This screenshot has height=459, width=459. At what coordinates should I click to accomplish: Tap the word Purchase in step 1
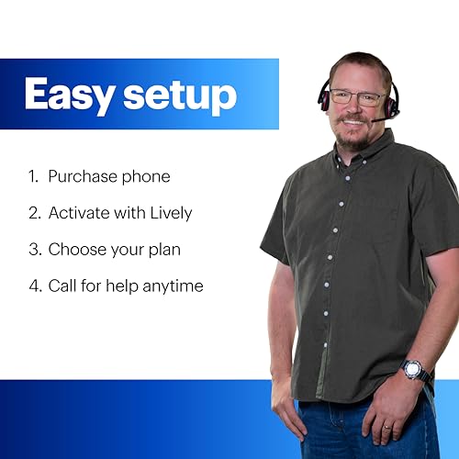(x=83, y=175)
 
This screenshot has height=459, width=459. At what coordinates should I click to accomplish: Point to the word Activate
(x=82, y=212)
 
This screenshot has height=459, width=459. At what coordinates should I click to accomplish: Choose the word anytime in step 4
(x=173, y=285)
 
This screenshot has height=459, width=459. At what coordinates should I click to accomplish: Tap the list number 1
(x=33, y=175)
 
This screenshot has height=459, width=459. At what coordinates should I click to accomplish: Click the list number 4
(x=34, y=285)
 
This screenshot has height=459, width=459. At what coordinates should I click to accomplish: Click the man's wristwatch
(x=415, y=370)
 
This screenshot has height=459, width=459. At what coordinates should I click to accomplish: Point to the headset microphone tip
(x=378, y=119)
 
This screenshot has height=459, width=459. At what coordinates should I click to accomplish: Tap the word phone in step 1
(x=146, y=175)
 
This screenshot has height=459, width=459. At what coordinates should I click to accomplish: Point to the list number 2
(x=34, y=212)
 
